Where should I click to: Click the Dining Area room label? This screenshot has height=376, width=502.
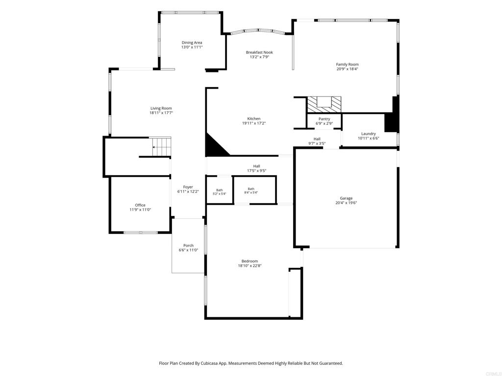point(192,43)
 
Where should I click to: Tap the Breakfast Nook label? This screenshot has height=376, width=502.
point(259,52)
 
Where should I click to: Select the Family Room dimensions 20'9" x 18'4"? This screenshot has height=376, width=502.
point(347,69)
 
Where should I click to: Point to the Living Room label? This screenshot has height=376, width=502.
point(161,108)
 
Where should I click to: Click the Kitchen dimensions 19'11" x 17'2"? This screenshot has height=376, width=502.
point(254,123)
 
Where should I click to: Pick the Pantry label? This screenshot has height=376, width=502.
point(325,119)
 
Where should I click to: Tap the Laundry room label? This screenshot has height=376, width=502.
point(369,134)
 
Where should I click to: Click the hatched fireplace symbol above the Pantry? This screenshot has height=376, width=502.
point(324,105)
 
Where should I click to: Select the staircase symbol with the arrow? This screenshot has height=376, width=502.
point(161,147)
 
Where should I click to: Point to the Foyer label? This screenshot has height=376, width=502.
point(188,187)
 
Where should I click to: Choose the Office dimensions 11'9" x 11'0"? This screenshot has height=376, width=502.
point(140,210)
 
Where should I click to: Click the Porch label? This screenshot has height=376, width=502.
point(188,246)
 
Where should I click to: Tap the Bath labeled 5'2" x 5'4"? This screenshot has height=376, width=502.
point(219,192)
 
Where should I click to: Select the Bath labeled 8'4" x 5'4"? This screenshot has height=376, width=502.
point(251,190)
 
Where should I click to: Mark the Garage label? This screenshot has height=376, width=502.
point(346,198)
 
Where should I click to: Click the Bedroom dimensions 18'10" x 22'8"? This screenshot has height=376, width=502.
point(250,265)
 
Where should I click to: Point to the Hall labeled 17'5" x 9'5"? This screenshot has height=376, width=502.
point(256,168)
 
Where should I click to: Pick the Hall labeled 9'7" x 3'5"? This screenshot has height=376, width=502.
point(317,141)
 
